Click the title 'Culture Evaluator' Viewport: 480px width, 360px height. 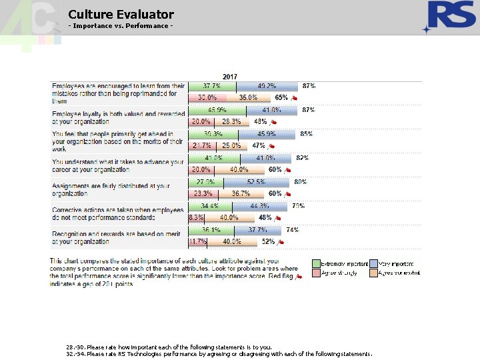coord(121,14)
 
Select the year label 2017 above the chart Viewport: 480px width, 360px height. coord(230,77)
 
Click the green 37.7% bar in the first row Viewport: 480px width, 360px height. coord(212,87)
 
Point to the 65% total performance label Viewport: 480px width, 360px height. coord(281,98)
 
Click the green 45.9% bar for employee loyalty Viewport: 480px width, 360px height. coord(217,110)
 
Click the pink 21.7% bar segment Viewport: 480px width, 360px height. coord(201,146)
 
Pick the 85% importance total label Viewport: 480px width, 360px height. coord(307,134)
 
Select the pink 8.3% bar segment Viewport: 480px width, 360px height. coord(196,218)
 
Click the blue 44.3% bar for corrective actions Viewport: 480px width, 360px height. coord(259,206)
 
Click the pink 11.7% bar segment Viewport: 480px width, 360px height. coord(197,241)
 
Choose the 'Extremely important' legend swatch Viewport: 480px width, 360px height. coord(317,263)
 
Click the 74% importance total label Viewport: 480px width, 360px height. coord(292,229)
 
